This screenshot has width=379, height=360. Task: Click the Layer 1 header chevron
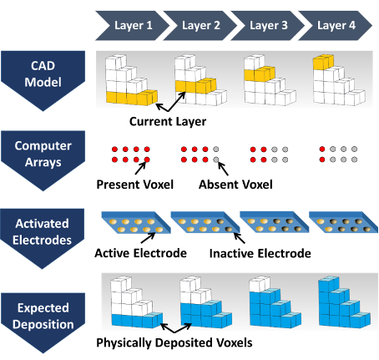click(x=138, y=25)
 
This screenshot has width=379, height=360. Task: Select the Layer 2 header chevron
click(x=200, y=25)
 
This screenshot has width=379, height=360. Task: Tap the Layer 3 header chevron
click(x=268, y=25)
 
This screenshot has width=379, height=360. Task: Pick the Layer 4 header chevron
click(x=336, y=25)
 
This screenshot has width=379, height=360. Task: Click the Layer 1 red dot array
click(x=130, y=154)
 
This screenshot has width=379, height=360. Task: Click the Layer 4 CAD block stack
click(x=336, y=81)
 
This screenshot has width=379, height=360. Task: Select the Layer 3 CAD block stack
click(x=267, y=81)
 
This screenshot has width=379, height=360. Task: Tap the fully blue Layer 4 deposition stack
click(x=338, y=305)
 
